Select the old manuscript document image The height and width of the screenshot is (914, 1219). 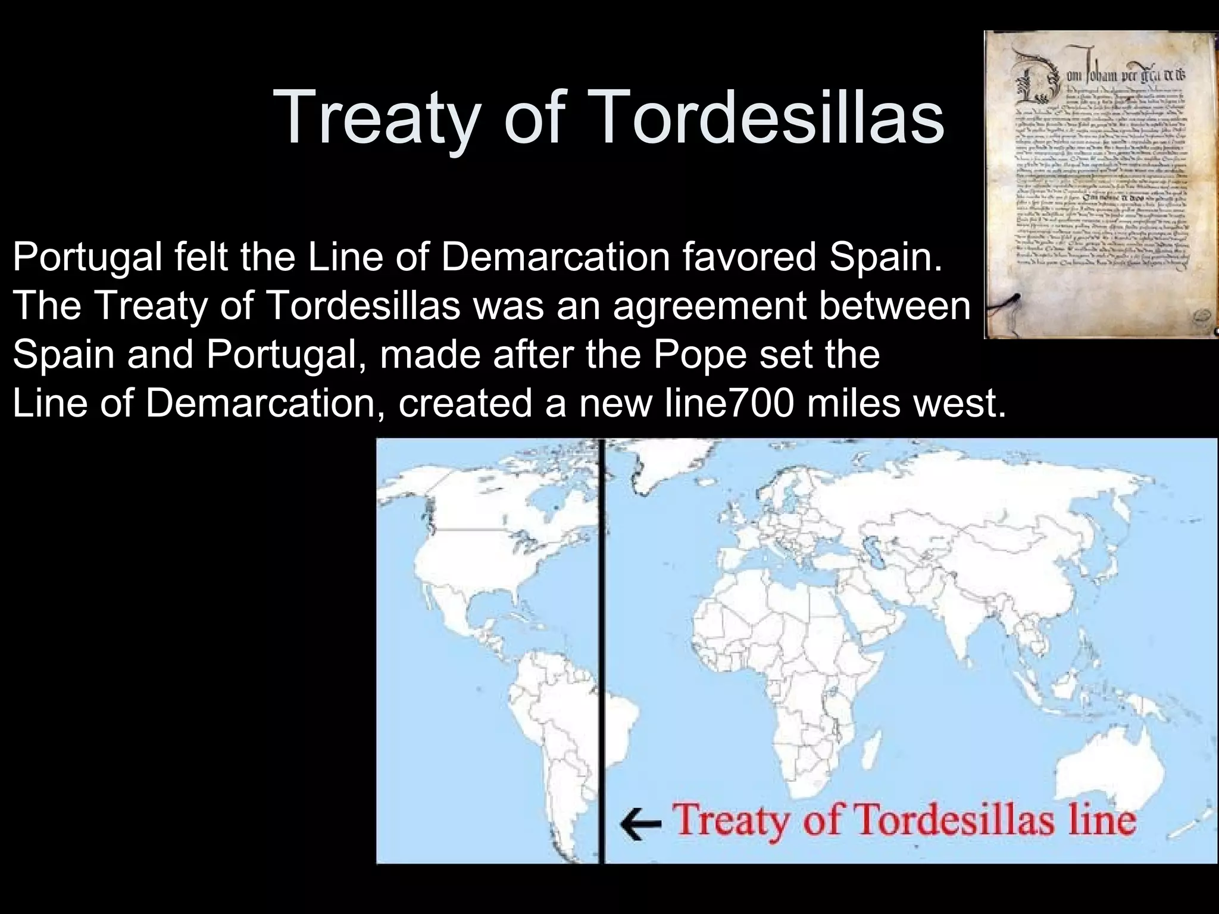click(x=1101, y=184)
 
